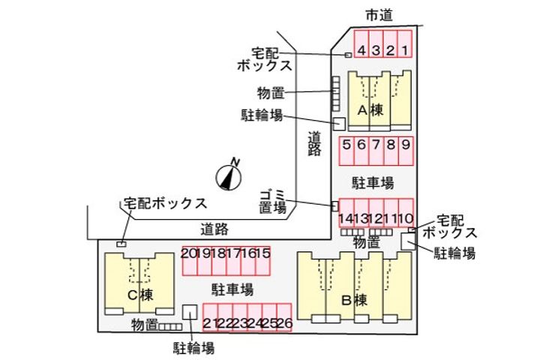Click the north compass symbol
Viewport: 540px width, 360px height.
point(227,175)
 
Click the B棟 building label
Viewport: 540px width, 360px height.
point(352,301)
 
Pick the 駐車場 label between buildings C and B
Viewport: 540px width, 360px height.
point(231,289)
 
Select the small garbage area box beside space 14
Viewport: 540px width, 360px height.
point(334,205)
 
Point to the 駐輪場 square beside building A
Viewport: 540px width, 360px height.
point(338,123)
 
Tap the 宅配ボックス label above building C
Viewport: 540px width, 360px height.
point(165,203)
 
